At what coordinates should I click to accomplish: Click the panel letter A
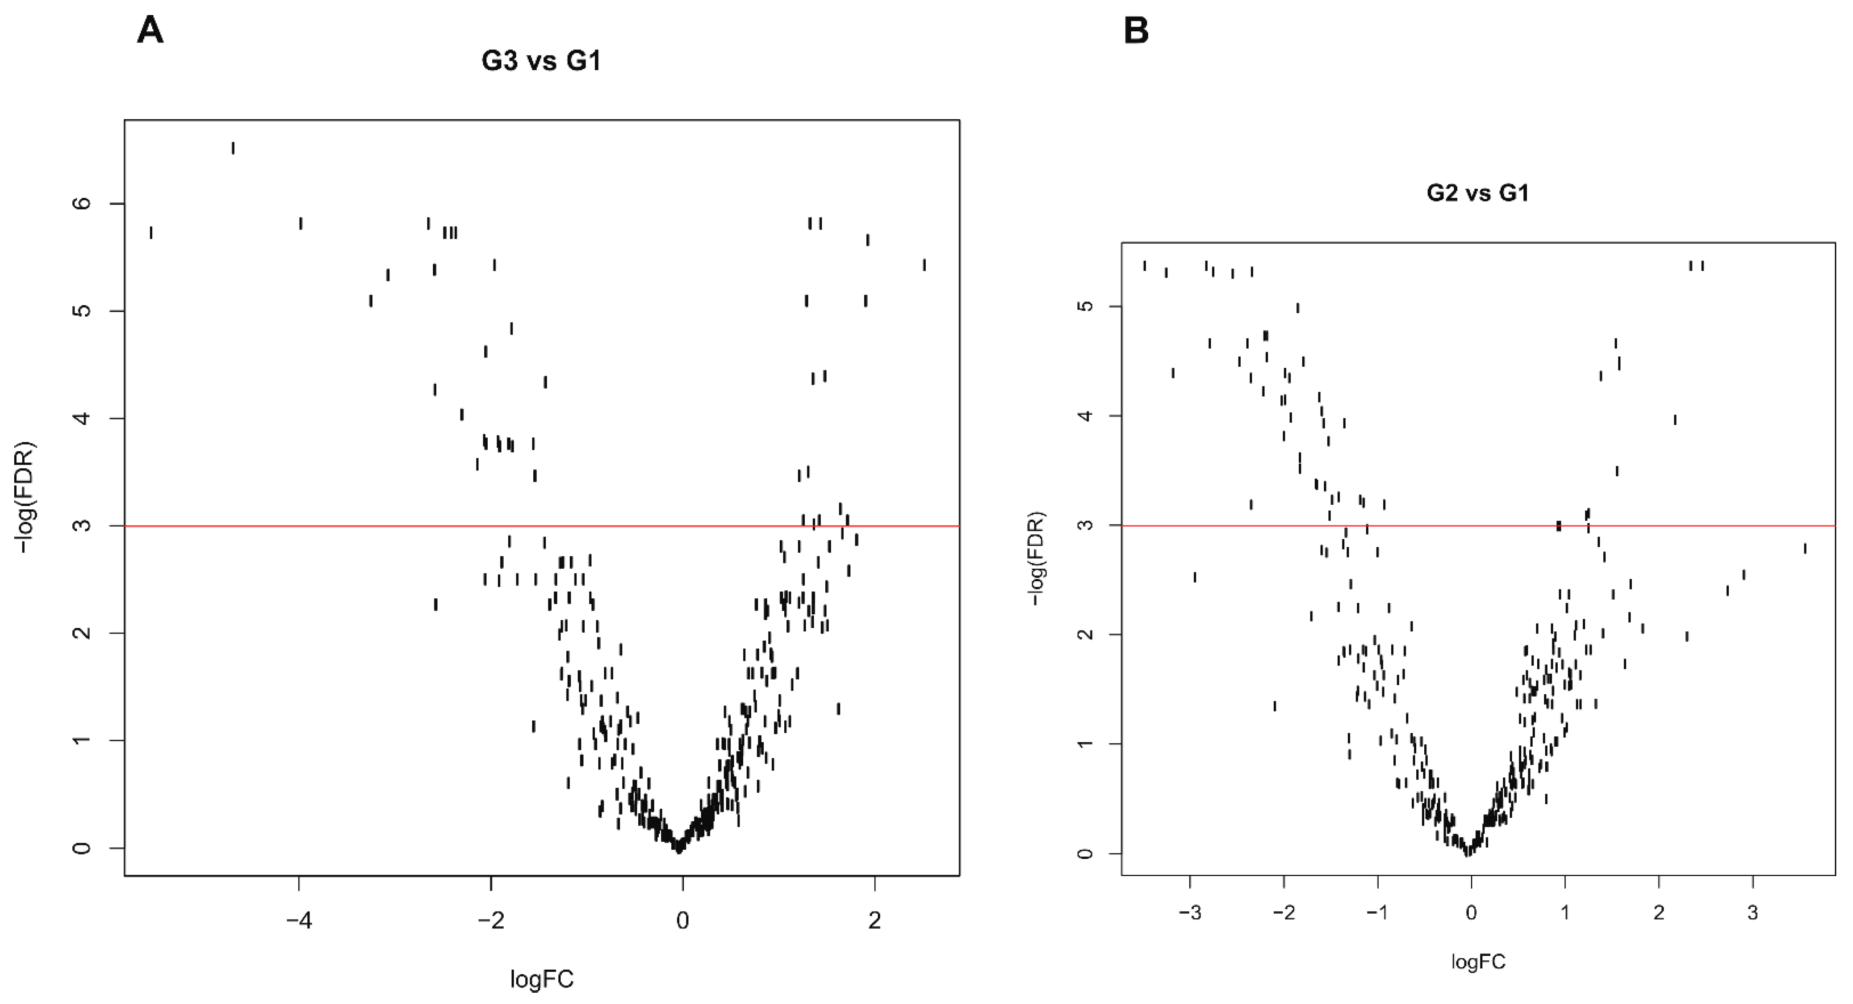150,32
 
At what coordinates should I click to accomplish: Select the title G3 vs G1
541,61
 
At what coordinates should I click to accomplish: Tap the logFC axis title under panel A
542,979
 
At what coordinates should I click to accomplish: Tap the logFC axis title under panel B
1478,962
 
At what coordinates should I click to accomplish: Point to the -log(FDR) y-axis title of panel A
27,496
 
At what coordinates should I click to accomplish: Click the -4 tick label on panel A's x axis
299,920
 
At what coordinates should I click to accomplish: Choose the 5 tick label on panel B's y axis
1088,307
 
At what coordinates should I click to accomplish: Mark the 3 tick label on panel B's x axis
1753,913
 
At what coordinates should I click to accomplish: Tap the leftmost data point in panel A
151,232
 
